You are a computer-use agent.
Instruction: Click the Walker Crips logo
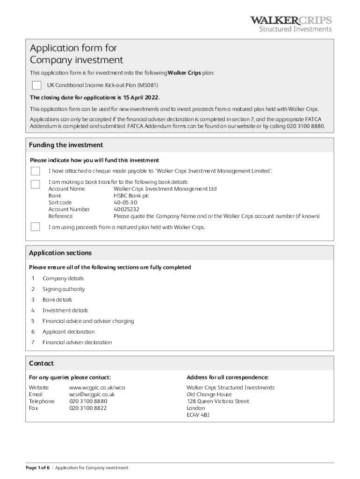[x=291, y=23]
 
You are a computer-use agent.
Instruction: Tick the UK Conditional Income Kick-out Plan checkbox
[x=36, y=85]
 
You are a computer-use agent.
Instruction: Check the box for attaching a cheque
[x=36, y=171]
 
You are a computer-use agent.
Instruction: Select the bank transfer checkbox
[x=36, y=184]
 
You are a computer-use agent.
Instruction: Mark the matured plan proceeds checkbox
[x=36, y=227]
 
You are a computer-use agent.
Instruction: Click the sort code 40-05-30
[x=125, y=203]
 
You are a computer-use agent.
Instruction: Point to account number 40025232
[x=126, y=210]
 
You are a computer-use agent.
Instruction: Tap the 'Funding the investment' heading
[x=66, y=145]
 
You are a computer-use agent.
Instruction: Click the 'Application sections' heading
[x=60, y=253]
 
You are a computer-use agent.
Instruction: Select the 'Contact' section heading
[x=42, y=363]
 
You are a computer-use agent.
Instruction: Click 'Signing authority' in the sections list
[x=64, y=289]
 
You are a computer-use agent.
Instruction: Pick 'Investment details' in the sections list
[x=65, y=311]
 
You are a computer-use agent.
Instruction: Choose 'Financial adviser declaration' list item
[x=77, y=342]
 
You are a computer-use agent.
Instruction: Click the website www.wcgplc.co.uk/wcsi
[x=97, y=388]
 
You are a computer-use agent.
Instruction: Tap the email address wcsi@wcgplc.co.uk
[x=92, y=394]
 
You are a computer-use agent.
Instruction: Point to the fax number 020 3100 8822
[x=88, y=408]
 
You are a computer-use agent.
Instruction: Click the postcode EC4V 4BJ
[x=198, y=414]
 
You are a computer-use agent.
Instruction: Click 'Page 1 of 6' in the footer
[x=38, y=468]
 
